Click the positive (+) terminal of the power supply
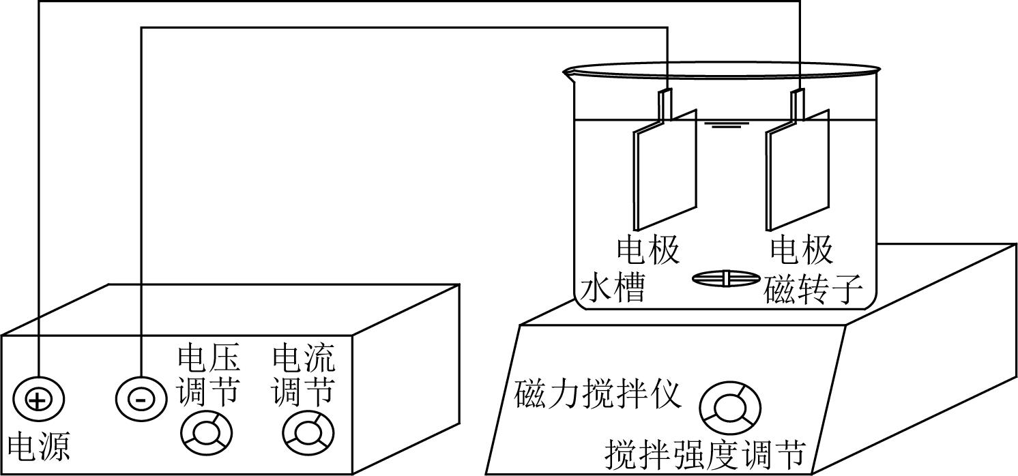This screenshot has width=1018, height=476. pyautogui.click(x=38, y=399)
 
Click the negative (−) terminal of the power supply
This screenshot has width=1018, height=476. pyautogui.click(x=140, y=399)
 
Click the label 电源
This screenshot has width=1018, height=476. pyautogui.click(x=38, y=447)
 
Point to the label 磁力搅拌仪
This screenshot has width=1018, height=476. pyautogui.click(x=598, y=396)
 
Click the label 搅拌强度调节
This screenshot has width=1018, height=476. pyautogui.click(x=706, y=453)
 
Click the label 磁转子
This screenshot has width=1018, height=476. pyautogui.click(x=813, y=290)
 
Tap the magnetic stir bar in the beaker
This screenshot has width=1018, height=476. pyautogui.click(x=726, y=278)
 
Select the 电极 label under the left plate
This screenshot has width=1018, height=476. pyautogui.click(x=648, y=250)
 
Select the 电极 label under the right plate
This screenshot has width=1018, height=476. pyautogui.click(x=802, y=250)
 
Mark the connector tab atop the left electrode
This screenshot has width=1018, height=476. pyautogui.click(x=665, y=104)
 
